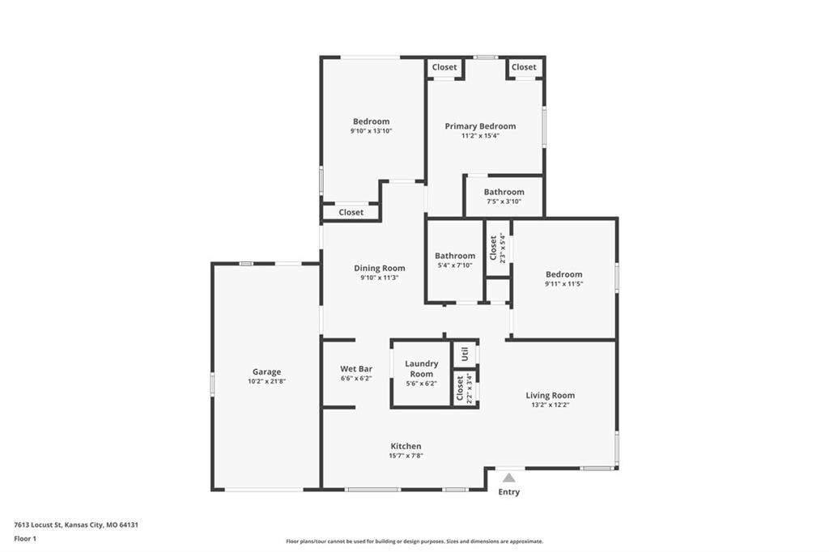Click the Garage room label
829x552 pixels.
point(266,372)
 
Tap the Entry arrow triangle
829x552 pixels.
point(508,478)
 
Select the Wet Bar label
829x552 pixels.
point(356,368)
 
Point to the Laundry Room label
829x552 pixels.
point(421,368)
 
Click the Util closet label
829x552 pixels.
point(465,354)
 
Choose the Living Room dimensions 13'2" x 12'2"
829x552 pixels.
point(551,405)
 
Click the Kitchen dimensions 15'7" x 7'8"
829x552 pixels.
point(406,456)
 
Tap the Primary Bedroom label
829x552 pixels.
point(480,125)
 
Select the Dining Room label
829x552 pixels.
point(380,268)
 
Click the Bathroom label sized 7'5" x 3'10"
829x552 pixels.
point(504,192)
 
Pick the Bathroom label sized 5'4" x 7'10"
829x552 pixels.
point(455,256)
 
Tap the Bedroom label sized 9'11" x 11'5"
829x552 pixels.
point(564,274)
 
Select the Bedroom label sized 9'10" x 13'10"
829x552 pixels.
point(371,121)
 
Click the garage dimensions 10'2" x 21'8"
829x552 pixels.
point(266,381)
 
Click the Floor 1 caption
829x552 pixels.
point(25,539)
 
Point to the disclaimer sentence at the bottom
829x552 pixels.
point(414,541)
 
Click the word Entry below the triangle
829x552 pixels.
point(508,492)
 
